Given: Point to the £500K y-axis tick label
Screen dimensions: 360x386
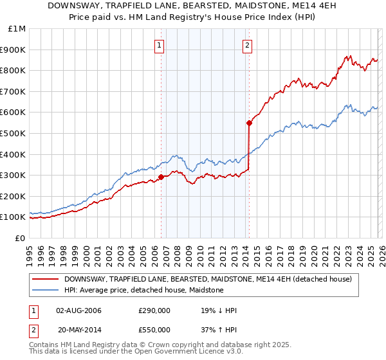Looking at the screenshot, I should click(x=14, y=133).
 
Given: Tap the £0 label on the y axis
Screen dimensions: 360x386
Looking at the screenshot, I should click(x=19, y=238).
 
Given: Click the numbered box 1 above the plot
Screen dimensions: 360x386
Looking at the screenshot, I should click(x=159, y=45).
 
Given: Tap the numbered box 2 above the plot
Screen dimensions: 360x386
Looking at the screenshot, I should click(x=247, y=45).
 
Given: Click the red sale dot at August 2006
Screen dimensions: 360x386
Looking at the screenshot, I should click(x=161, y=177).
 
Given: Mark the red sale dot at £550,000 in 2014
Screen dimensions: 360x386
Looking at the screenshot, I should click(x=249, y=123).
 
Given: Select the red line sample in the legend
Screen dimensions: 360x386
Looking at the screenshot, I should click(x=46, y=279).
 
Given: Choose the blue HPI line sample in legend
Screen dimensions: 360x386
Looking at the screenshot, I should click(x=46, y=291).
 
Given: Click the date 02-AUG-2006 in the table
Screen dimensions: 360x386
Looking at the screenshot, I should click(x=79, y=311).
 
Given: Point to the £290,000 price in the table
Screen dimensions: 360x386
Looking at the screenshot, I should click(x=154, y=311).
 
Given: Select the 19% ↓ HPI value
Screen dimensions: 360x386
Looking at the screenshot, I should click(x=219, y=311).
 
